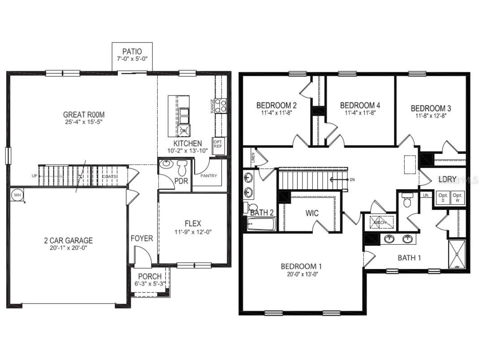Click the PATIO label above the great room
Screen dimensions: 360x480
(x=132, y=51)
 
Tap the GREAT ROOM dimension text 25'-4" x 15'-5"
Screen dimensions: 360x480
(x=84, y=122)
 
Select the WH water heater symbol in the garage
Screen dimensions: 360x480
(x=17, y=195)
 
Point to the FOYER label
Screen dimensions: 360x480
(x=142, y=239)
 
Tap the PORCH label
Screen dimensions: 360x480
(x=150, y=276)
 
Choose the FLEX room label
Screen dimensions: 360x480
(x=193, y=223)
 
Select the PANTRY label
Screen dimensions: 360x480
(x=208, y=176)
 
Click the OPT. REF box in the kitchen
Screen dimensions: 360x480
(x=218, y=143)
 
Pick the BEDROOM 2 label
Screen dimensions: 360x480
(x=277, y=106)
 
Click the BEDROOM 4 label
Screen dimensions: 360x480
(x=360, y=105)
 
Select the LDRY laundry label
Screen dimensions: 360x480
(x=447, y=179)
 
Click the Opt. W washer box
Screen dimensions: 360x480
(x=457, y=198)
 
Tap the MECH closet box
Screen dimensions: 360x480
(x=381, y=222)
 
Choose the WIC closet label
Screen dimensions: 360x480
(x=312, y=213)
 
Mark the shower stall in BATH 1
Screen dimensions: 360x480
(x=457, y=254)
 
